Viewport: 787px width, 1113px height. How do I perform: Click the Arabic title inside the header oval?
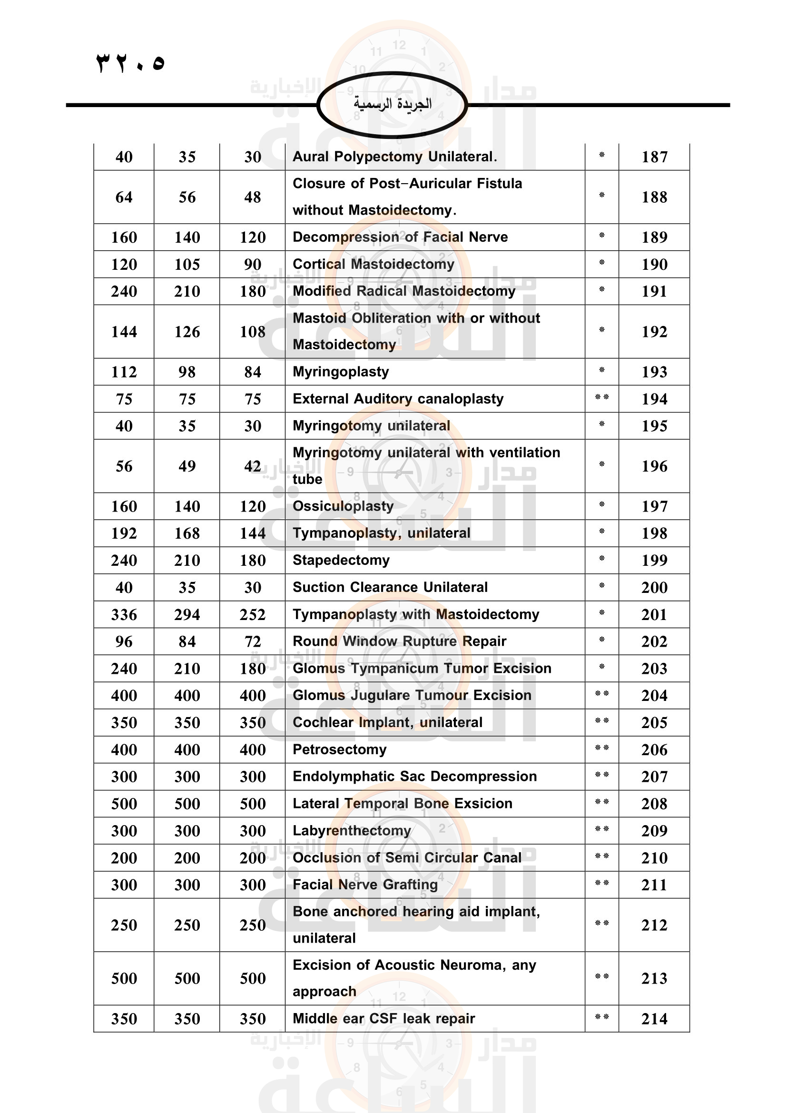[392, 104]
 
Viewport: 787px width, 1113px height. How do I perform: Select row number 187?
[654, 157]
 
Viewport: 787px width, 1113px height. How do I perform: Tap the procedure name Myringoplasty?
[341, 372]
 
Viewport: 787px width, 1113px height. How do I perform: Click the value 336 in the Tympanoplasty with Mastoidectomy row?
[124, 615]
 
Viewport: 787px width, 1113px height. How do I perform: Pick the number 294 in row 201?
[187, 615]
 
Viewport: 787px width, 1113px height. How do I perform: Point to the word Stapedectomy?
[341, 561]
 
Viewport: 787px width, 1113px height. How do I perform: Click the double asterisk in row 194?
[601, 398]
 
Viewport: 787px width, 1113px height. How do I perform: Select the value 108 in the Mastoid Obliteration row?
[253, 332]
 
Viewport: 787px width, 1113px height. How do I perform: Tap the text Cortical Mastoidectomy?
[374, 264]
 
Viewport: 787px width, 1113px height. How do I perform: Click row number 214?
[654, 1019]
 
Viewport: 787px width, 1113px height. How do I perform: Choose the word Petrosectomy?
[340, 749]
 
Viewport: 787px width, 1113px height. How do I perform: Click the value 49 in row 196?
[187, 466]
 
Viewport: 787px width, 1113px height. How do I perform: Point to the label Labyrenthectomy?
[352, 830]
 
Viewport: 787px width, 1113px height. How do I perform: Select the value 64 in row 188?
[124, 197]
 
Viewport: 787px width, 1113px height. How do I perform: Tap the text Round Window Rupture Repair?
[399, 641]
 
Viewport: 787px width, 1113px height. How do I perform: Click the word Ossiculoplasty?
[343, 507]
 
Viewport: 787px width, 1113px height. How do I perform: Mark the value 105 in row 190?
[187, 265]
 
